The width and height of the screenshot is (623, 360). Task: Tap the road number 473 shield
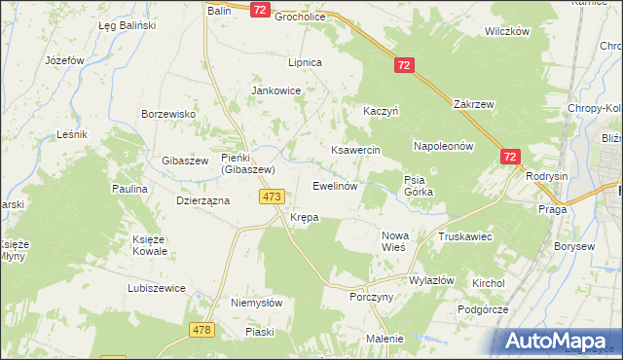272,197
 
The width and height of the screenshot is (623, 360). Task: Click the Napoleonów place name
443,146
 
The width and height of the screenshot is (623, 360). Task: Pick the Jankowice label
276,90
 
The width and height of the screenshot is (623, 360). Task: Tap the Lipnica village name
304,62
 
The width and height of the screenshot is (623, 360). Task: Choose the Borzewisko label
168,114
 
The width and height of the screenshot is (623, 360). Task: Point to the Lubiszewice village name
156,288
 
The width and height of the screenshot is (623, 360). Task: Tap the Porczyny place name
371,298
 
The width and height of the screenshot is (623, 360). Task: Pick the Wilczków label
506,31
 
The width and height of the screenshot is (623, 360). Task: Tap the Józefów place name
65,59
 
